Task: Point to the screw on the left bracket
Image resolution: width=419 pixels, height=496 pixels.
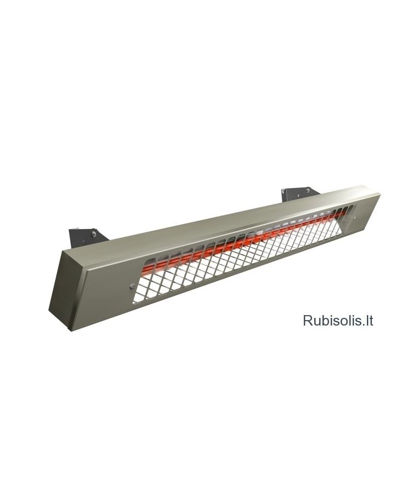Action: (94, 234)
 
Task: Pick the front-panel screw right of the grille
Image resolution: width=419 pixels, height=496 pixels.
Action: (354, 217)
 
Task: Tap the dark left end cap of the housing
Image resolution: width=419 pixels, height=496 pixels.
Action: (62, 287)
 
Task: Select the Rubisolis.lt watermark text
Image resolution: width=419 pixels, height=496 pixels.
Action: (338, 320)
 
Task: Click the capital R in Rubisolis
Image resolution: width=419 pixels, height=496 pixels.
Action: (308, 320)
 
